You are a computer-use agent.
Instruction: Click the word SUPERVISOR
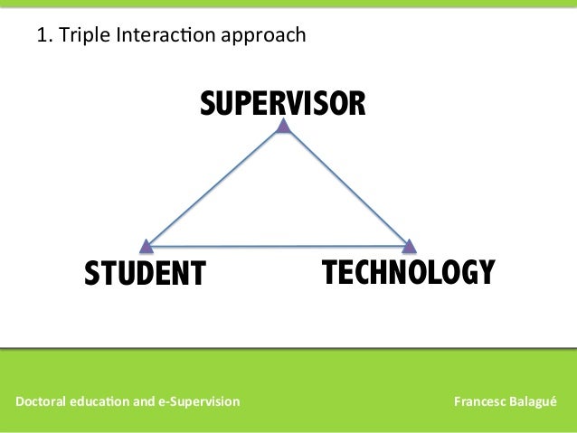283,104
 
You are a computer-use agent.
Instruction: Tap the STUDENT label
146,273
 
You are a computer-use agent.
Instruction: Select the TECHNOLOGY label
409,271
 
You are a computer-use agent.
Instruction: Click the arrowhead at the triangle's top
283,127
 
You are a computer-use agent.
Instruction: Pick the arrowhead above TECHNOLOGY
409,245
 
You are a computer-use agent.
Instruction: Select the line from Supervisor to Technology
346,186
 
